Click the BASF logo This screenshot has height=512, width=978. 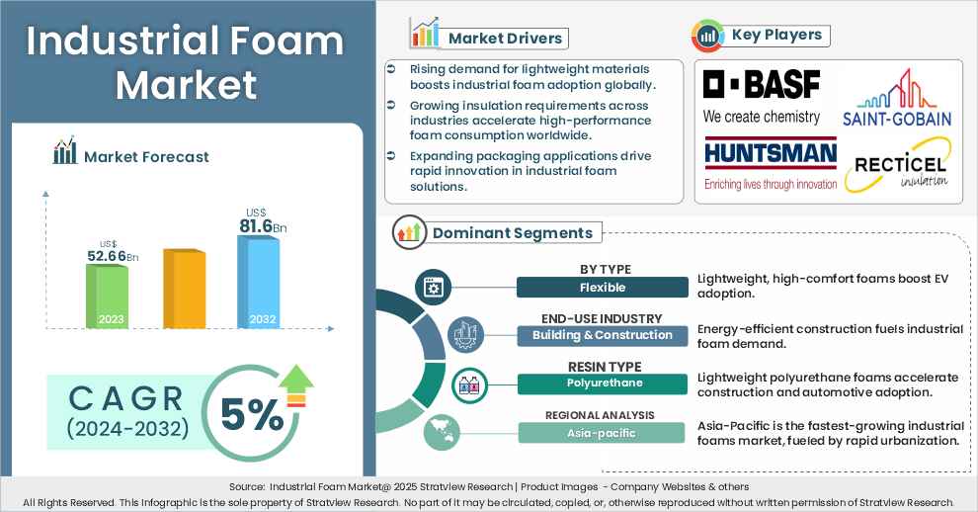761,96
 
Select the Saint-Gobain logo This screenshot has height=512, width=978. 897,100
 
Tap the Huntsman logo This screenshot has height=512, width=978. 770,163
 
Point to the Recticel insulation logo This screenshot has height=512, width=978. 896,166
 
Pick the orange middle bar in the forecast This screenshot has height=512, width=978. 183,290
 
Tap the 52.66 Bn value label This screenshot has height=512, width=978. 111,257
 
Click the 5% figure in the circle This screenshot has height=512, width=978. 252,416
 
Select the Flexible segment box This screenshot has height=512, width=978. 602,288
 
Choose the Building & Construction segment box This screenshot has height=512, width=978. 602,335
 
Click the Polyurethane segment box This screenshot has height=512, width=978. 602,384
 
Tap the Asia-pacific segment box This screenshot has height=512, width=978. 602,432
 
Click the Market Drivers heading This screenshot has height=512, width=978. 505,39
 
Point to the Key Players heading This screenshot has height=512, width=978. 774,36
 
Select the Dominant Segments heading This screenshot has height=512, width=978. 513,233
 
